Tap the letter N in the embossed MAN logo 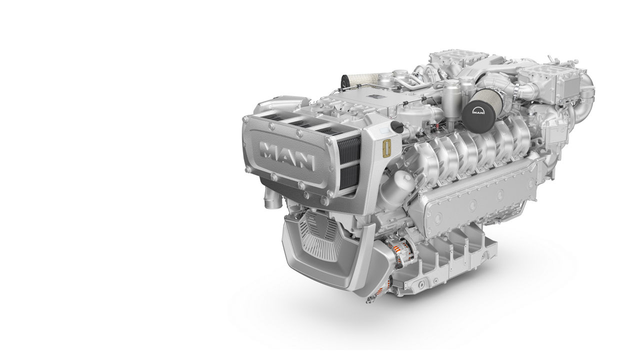point(305,161)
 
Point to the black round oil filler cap point(397,127)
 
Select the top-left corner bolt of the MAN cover point(246,119)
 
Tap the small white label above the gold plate point(383,131)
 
